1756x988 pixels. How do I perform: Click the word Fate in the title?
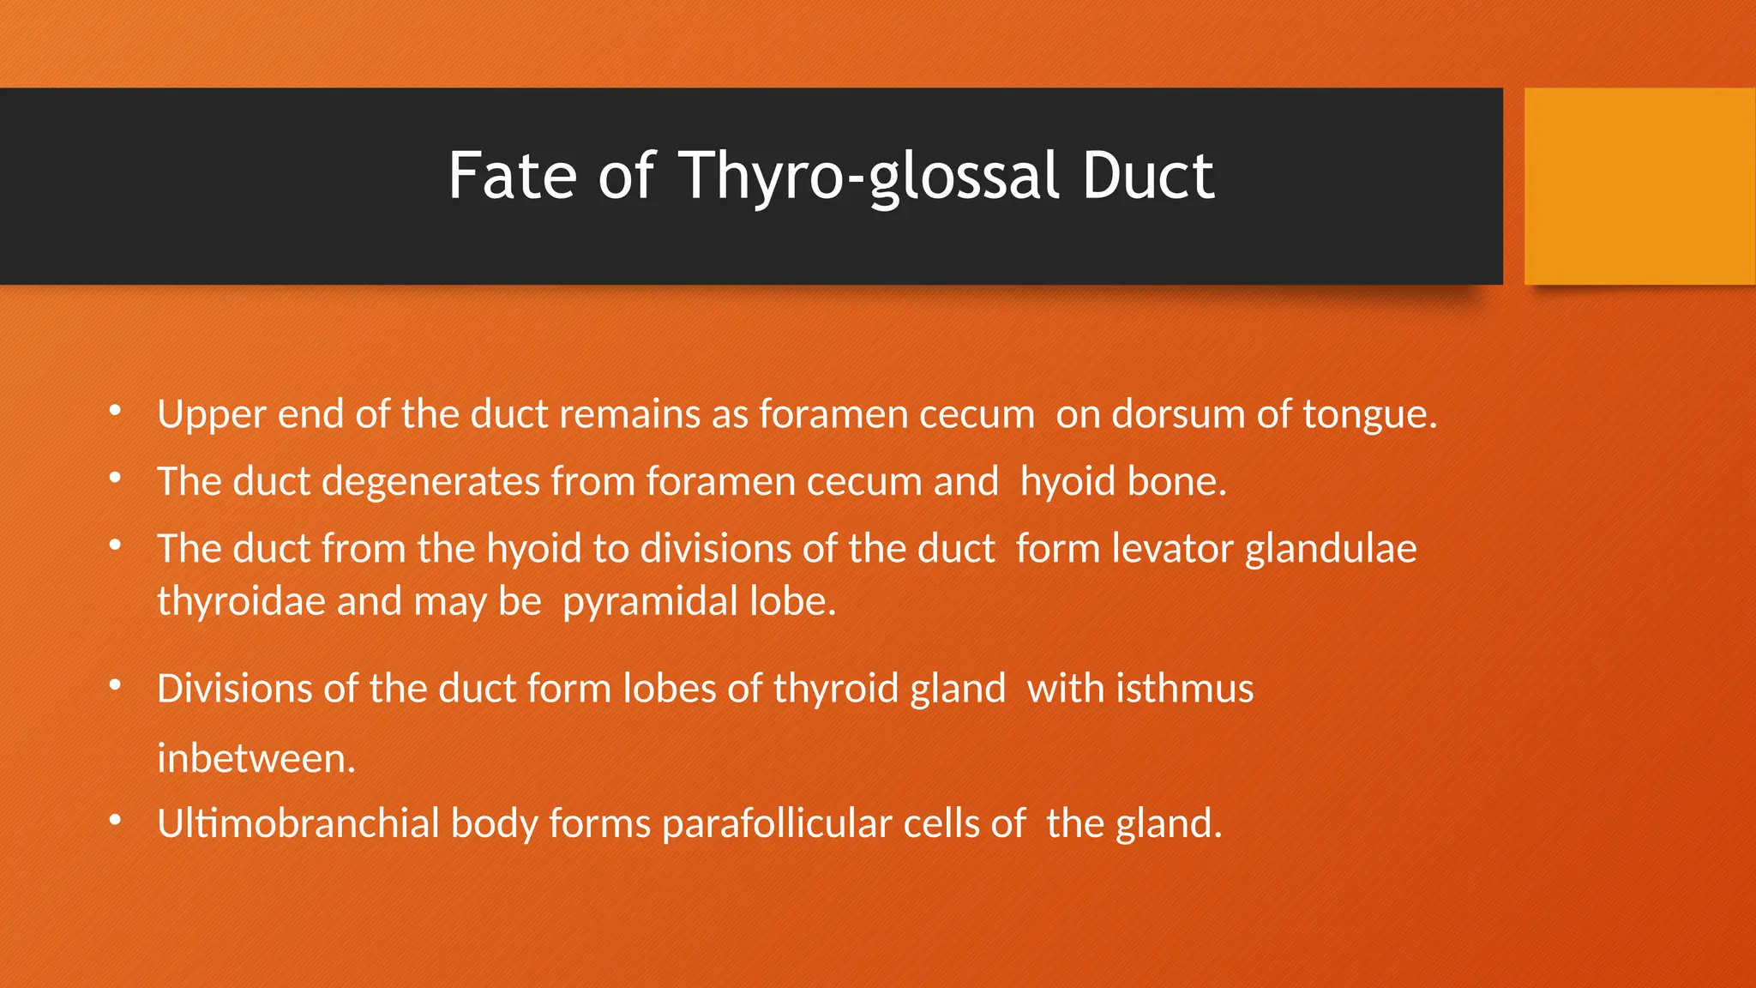512,176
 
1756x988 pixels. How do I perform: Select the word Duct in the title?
1147,176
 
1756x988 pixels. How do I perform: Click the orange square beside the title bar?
1639,186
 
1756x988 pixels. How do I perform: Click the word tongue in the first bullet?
1368,415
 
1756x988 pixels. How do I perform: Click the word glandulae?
1331,549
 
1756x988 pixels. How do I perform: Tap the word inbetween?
256,759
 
